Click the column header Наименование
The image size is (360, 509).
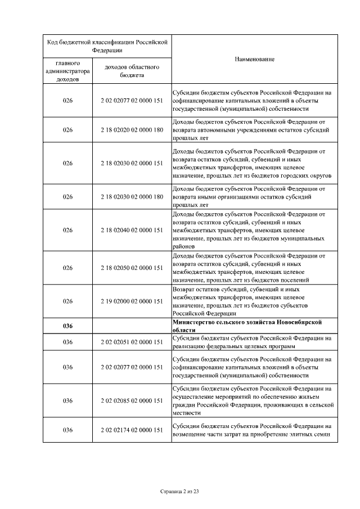point(254,60)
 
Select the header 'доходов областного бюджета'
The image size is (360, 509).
point(132,71)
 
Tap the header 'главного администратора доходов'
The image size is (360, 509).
point(67,71)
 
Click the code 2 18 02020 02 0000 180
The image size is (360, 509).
point(132,129)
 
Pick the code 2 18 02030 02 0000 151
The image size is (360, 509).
point(132,163)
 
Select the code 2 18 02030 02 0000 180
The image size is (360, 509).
point(132,197)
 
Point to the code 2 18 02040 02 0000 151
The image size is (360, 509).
point(132,230)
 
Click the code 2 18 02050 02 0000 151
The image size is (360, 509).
point(132,268)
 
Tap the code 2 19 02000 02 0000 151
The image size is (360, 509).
point(132,301)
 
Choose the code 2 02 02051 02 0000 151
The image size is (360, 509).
point(132,342)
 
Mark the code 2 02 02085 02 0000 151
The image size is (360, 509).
point(132,401)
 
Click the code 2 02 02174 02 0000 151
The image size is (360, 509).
point(132,430)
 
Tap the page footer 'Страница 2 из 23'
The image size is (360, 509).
point(180,492)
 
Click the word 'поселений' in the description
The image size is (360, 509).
point(295,280)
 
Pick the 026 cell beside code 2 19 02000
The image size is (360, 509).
point(67,301)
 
